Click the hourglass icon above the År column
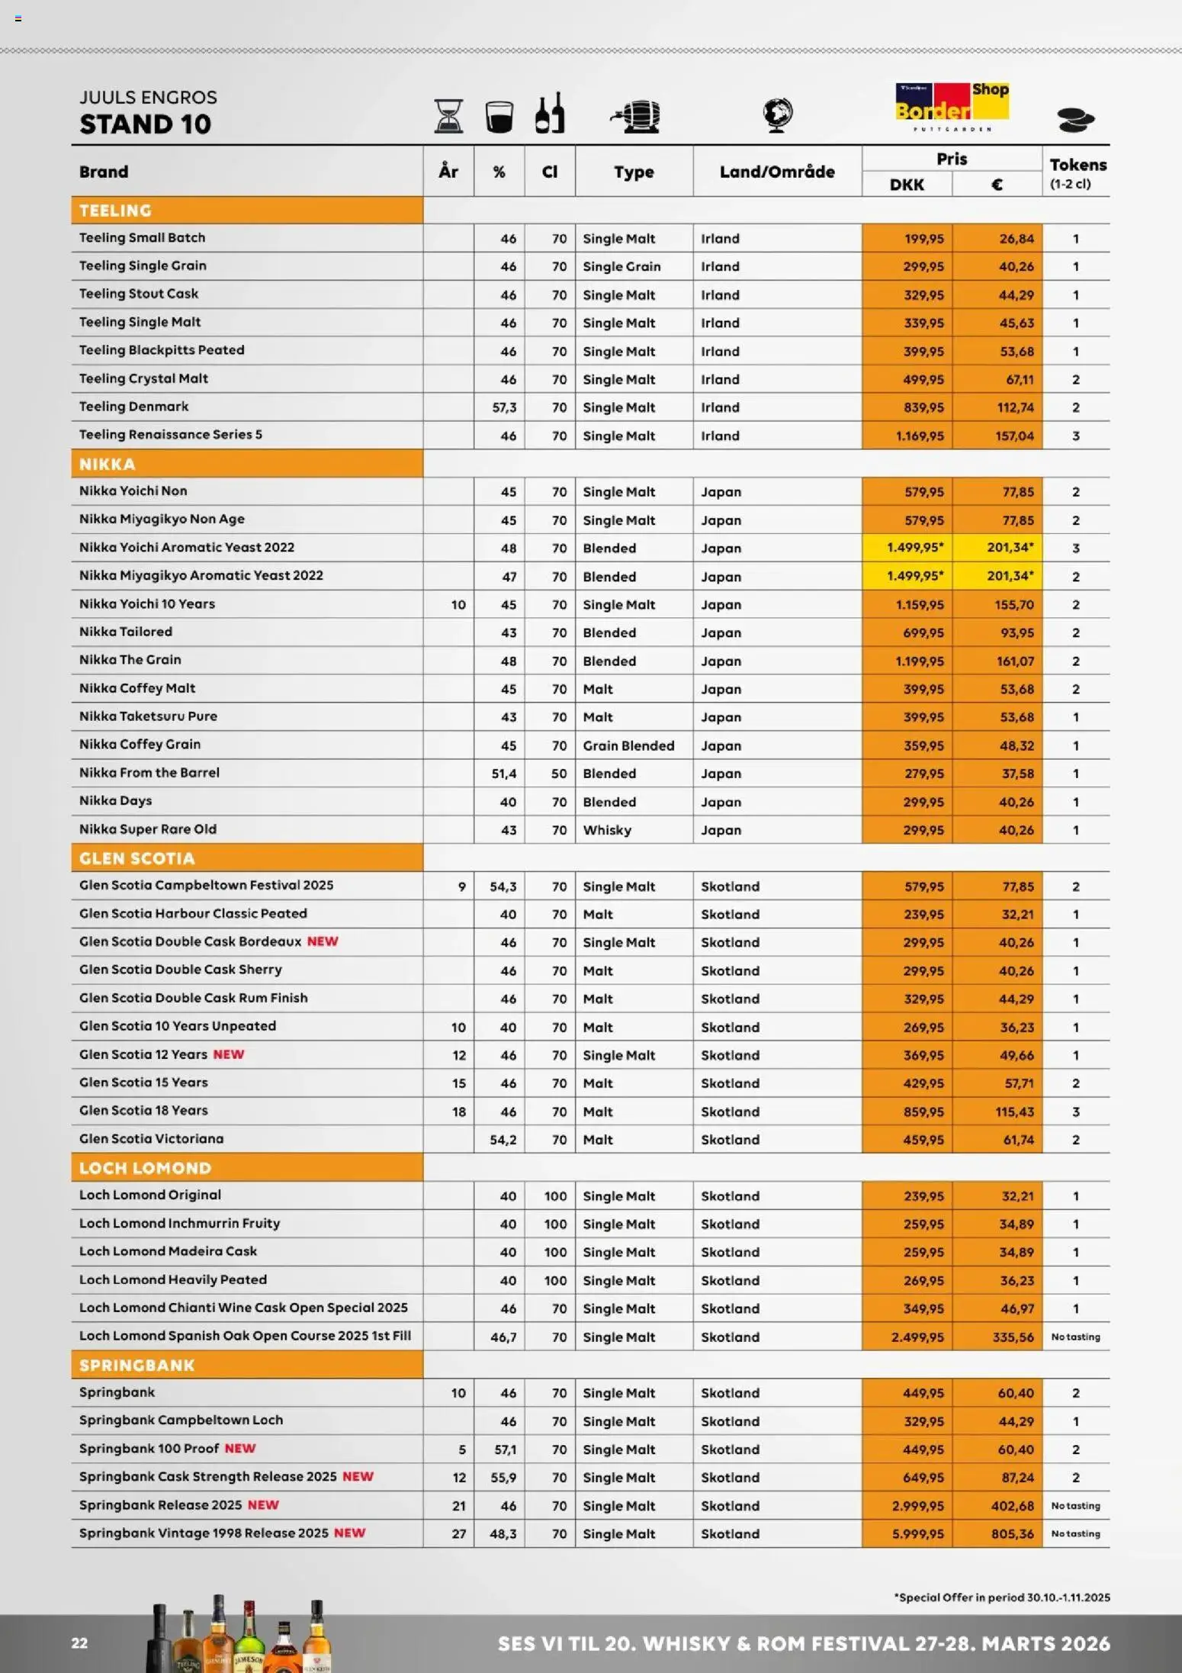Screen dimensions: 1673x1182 (448, 116)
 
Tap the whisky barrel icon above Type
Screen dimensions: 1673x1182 (635, 117)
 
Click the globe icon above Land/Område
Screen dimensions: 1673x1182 (777, 115)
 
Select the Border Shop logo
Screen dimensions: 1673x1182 (952, 106)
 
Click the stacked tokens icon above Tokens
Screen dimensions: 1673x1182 (1075, 120)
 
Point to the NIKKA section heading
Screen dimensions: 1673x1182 (108, 464)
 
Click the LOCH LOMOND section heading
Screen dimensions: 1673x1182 (145, 1168)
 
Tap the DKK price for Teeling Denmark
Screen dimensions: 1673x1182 (923, 407)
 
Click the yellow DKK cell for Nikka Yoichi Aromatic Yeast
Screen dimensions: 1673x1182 (914, 548)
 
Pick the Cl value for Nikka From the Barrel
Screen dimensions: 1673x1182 (558, 774)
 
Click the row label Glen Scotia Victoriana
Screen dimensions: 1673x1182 (151, 1139)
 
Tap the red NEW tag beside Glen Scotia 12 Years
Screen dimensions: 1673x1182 (228, 1054)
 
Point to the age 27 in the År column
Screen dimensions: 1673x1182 (458, 1534)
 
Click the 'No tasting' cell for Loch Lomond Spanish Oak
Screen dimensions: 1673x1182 (1075, 1337)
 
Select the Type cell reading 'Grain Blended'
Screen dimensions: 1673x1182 (628, 745)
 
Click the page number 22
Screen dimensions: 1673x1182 (79, 1643)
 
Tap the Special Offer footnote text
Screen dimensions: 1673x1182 (1001, 1597)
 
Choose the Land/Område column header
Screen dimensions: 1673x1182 (776, 172)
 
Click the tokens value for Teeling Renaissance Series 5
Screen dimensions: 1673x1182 (1075, 436)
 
